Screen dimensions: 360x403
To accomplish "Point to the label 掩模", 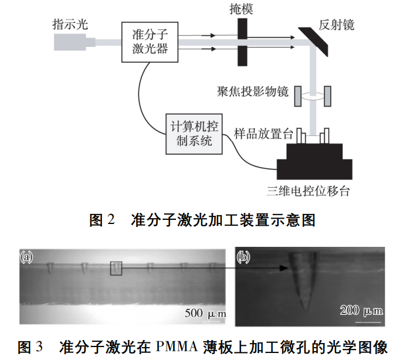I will pyautogui.click(x=242, y=9).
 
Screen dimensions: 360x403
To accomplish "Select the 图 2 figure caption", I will pyautogui.click(x=202, y=220).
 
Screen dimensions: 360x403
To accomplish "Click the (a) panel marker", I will pyautogui.click(x=27, y=256).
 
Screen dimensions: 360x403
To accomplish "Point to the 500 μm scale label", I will pyautogui.click(x=205, y=311).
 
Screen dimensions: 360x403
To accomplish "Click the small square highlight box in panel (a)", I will pyautogui.click(x=117, y=267).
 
